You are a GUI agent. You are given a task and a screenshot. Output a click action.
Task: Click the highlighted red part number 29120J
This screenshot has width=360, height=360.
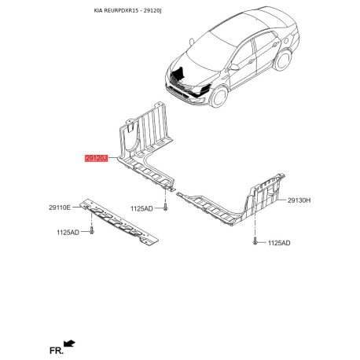(x=96, y=158)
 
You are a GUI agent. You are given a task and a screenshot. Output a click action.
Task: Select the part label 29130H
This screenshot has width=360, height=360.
(x=299, y=200)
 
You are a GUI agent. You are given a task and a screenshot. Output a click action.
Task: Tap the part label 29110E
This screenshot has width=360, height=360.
(x=60, y=208)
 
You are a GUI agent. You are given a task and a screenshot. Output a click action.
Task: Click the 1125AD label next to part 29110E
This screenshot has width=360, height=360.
(x=68, y=233)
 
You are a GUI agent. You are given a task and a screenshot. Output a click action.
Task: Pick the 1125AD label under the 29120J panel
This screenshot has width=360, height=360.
(x=141, y=208)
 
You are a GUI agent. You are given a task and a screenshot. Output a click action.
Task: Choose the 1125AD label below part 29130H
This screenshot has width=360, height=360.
(x=279, y=243)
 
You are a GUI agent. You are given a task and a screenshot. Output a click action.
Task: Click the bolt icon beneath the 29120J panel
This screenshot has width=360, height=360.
(x=165, y=207)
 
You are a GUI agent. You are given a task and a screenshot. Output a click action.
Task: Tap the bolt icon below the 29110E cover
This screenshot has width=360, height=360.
(x=91, y=230)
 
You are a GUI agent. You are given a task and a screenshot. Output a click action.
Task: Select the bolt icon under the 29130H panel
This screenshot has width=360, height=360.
(x=255, y=241)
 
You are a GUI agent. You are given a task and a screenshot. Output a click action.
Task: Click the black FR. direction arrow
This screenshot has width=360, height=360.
(x=70, y=343)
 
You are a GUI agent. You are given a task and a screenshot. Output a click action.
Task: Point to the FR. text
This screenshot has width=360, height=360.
(x=57, y=351)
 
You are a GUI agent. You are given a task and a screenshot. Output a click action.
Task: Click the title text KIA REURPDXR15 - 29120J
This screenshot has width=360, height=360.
(x=127, y=11)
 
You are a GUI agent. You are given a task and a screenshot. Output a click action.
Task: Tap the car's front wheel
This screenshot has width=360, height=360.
(x=219, y=96)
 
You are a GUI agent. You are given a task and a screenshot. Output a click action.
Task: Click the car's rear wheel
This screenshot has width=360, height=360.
(x=283, y=60)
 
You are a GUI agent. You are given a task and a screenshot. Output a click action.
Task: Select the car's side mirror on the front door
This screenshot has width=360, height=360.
(x=234, y=67)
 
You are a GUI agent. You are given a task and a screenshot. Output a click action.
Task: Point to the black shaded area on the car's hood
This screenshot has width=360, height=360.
(x=179, y=73)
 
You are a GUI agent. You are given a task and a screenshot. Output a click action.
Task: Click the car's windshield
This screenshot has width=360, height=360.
(x=210, y=50)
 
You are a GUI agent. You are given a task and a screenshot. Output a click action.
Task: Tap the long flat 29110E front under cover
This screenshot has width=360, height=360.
(x=119, y=222)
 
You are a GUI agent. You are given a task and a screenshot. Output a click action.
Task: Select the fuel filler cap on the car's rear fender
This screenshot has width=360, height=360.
(x=286, y=41)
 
